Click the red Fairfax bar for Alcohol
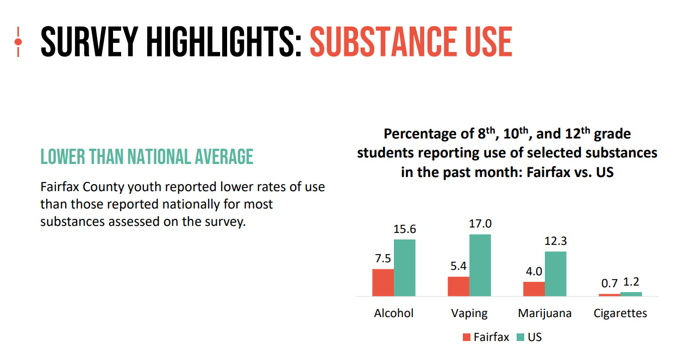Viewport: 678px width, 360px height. pos(383,282)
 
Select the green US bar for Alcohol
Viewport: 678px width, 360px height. pos(405,268)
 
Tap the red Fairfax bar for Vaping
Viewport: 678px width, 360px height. pos(458,286)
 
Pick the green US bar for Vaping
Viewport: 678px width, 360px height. pos(480,265)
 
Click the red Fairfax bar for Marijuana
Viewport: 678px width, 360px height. pos(533,289)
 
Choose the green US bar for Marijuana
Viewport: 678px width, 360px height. pos(555,274)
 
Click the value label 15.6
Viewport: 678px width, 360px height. pos(405,229)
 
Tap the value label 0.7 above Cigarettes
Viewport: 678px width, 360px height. pos(609,283)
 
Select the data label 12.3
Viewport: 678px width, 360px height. pos(555,241)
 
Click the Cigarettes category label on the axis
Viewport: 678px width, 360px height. pos(620,313)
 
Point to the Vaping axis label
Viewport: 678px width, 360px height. pos(469,313)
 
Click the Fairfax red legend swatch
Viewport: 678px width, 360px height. pos(466,337)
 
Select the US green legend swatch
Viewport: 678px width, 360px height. pos(520,337)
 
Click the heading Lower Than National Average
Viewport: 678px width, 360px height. pos(147,157)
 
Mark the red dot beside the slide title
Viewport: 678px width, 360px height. pos(18,41)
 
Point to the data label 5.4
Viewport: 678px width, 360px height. pos(458,266)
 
